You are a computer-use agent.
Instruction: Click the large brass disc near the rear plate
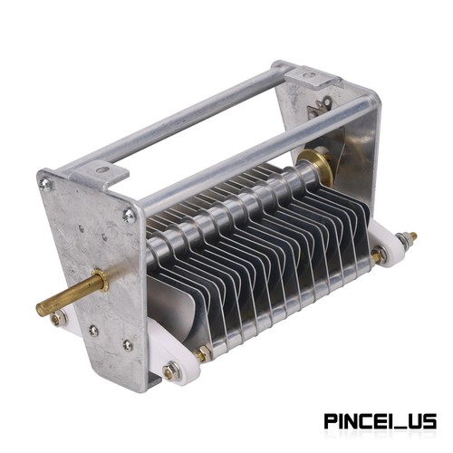coord(314,167)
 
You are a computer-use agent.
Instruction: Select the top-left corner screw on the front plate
coord(45,184)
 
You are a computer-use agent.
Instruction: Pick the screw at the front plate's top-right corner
coord(129,216)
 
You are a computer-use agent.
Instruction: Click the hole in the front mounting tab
coord(103,170)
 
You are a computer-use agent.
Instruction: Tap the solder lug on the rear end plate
coord(319,107)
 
